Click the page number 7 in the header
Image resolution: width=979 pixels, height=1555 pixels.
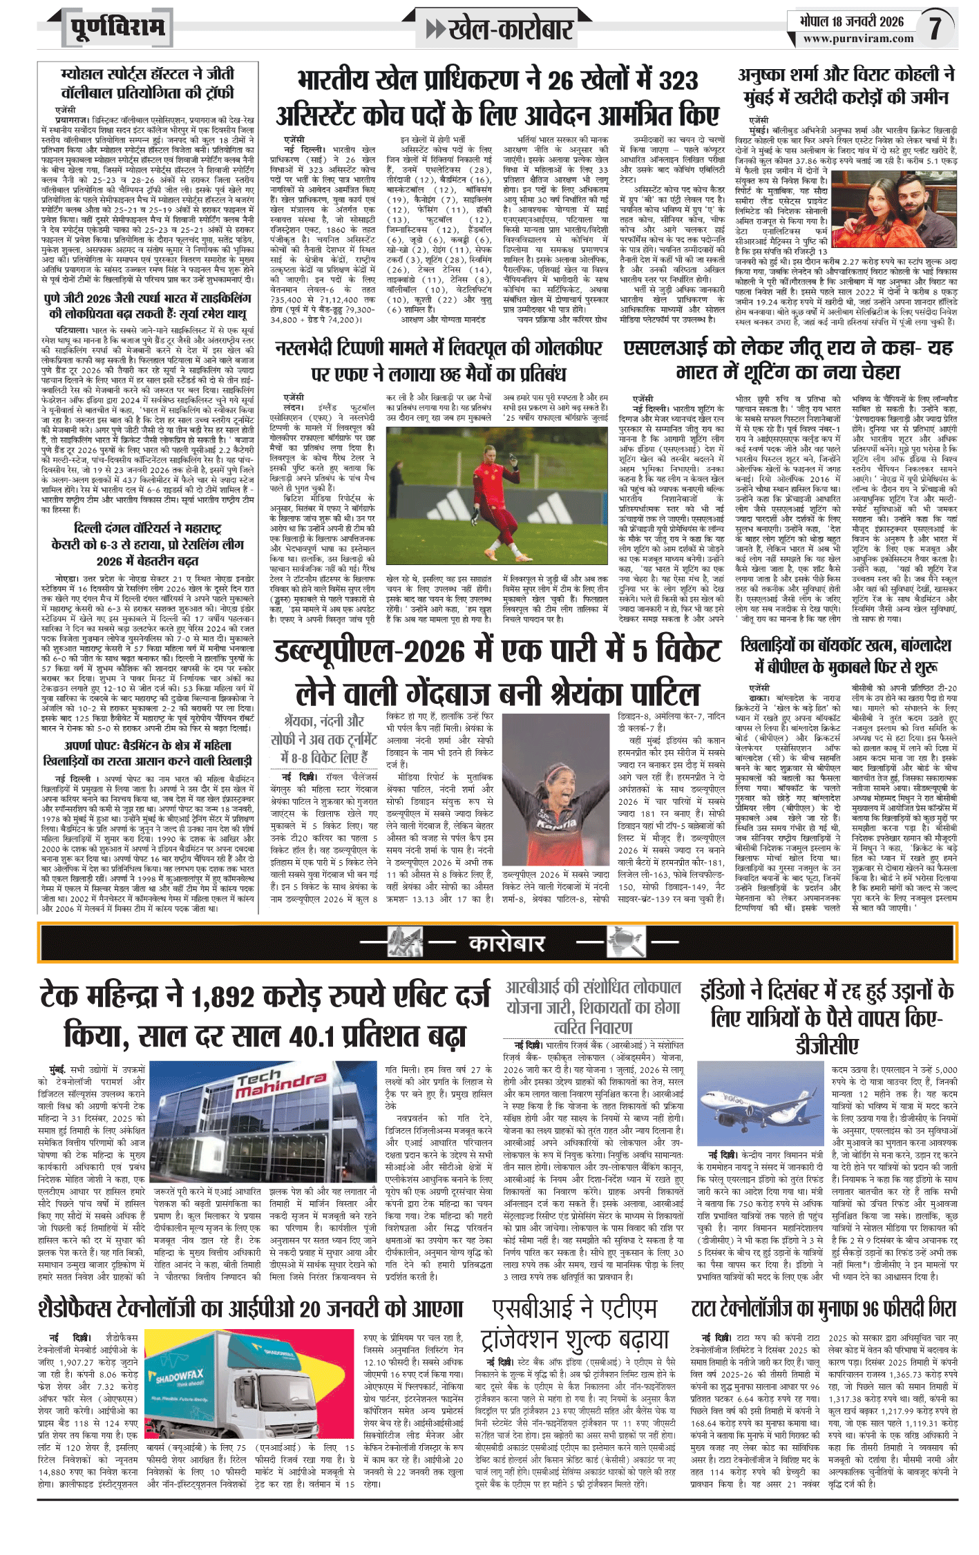point(935,28)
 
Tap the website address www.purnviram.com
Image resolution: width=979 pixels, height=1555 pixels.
point(858,39)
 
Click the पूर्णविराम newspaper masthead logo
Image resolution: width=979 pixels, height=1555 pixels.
point(117,28)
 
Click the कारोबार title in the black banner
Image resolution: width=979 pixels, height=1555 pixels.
point(507,943)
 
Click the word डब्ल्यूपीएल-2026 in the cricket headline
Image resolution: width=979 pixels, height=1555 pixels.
point(370,651)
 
